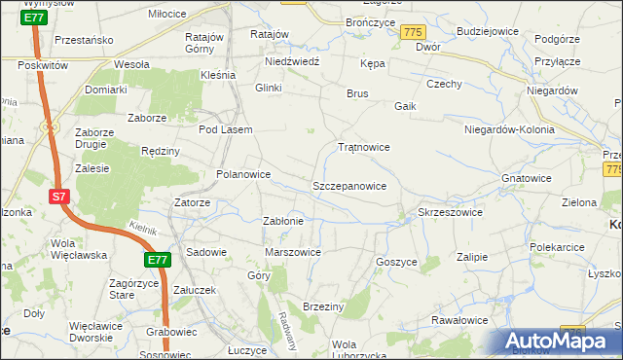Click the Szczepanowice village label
[x=349, y=186]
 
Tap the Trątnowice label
[x=363, y=148]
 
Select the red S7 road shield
[x=58, y=197]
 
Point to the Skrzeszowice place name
[x=450, y=212]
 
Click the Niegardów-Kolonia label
[x=509, y=129]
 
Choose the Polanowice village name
[x=242, y=175]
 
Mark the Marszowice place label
[x=293, y=252]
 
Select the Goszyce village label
[x=396, y=262]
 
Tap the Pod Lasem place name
[x=225, y=129]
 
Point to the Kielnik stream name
[x=142, y=227]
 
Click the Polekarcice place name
[x=557, y=248]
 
